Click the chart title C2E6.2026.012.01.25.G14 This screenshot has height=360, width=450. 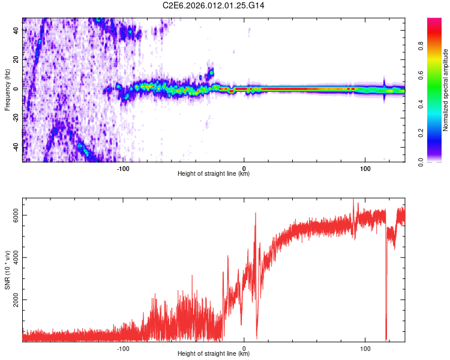pos(214,5)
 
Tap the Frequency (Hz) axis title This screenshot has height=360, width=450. pos(7,90)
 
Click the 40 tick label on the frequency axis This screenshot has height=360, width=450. pos(16,30)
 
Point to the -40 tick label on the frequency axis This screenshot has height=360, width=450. pos(15,147)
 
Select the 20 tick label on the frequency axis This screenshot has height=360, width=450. pos(16,59)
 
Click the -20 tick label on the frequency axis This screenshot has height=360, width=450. pos(15,118)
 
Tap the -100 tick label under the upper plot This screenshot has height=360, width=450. pos(123,167)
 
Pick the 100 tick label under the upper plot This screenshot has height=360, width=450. pos(365,167)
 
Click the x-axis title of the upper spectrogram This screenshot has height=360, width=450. pos(214,174)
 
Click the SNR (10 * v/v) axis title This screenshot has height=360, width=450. pos(7,270)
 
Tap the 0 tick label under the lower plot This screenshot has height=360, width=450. pos(244,348)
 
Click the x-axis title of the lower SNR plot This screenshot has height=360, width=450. pos(214,354)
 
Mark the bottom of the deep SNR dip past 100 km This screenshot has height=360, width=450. pos(386,340)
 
